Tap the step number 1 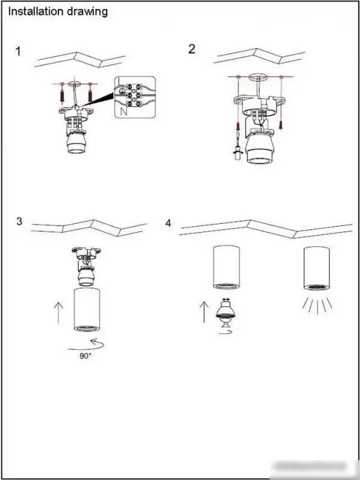pos(19,51)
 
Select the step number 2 pos(192,49)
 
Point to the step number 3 pos(19,221)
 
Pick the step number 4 pos(168,223)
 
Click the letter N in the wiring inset pos(123,111)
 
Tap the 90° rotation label pos(85,355)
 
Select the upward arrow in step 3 pos(58,313)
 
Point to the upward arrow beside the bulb pos(204,312)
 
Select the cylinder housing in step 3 pos(87,309)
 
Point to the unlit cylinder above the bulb pos(226,267)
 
